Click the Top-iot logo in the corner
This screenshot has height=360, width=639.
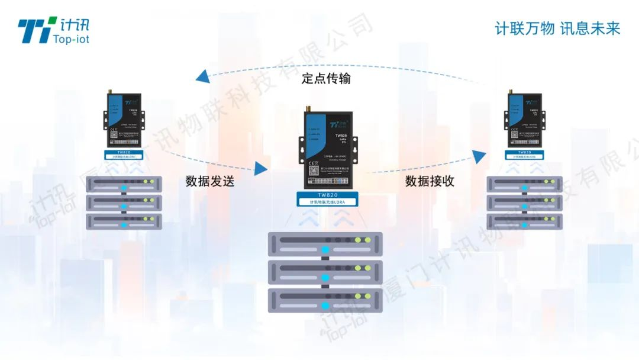[x=53, y=30]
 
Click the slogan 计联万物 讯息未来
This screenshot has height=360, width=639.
[x=557, y=28]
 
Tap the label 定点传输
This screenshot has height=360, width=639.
[x=326, y=78]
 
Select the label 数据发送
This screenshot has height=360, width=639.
[x=210, y=181]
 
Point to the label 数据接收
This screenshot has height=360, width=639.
[x=430, y=181]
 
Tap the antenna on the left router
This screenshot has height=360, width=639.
[x=109, y=91]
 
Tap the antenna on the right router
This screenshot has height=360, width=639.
[x=511, y=91]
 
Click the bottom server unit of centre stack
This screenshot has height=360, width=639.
[x=325, y=301]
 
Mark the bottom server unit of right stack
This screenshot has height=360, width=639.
[x=524, y=221]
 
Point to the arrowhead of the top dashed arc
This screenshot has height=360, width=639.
[x=202, y=76]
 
